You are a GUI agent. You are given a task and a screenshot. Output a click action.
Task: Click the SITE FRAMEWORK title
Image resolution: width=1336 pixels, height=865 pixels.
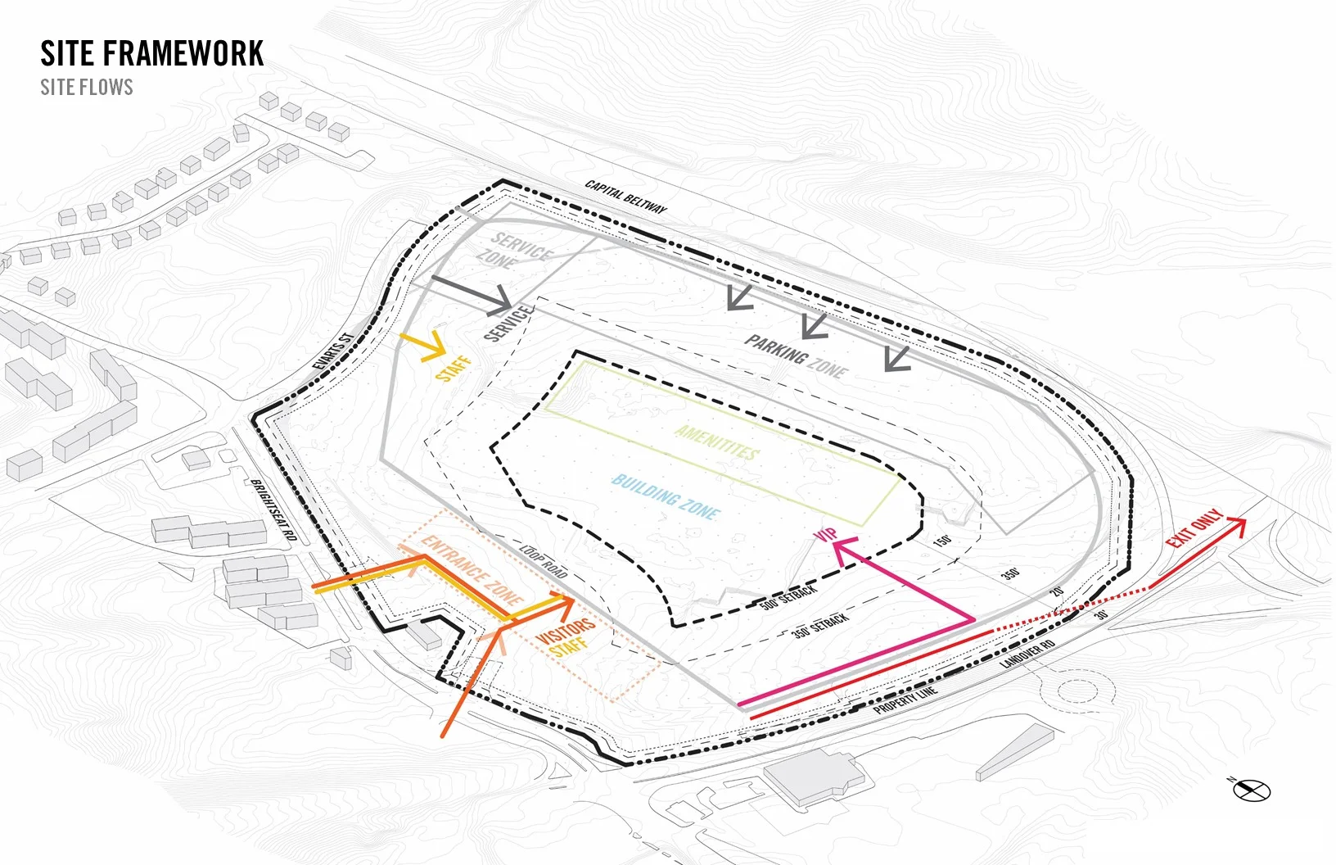click(152, 54)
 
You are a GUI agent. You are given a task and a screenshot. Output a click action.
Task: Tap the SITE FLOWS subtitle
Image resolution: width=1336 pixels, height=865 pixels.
click(87, 88)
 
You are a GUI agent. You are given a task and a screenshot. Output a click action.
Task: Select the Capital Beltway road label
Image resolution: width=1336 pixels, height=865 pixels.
click(626, 197)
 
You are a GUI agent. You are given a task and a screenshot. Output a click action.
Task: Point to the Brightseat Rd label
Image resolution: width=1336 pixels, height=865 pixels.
click(273, 509)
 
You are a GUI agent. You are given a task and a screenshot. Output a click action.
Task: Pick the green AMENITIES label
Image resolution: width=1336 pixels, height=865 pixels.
click(717, 443)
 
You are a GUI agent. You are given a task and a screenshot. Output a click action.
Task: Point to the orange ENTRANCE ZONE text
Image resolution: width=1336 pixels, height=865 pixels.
click(472, 569)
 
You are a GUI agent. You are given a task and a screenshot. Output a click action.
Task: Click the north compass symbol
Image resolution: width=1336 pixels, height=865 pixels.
click(1252, 790)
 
